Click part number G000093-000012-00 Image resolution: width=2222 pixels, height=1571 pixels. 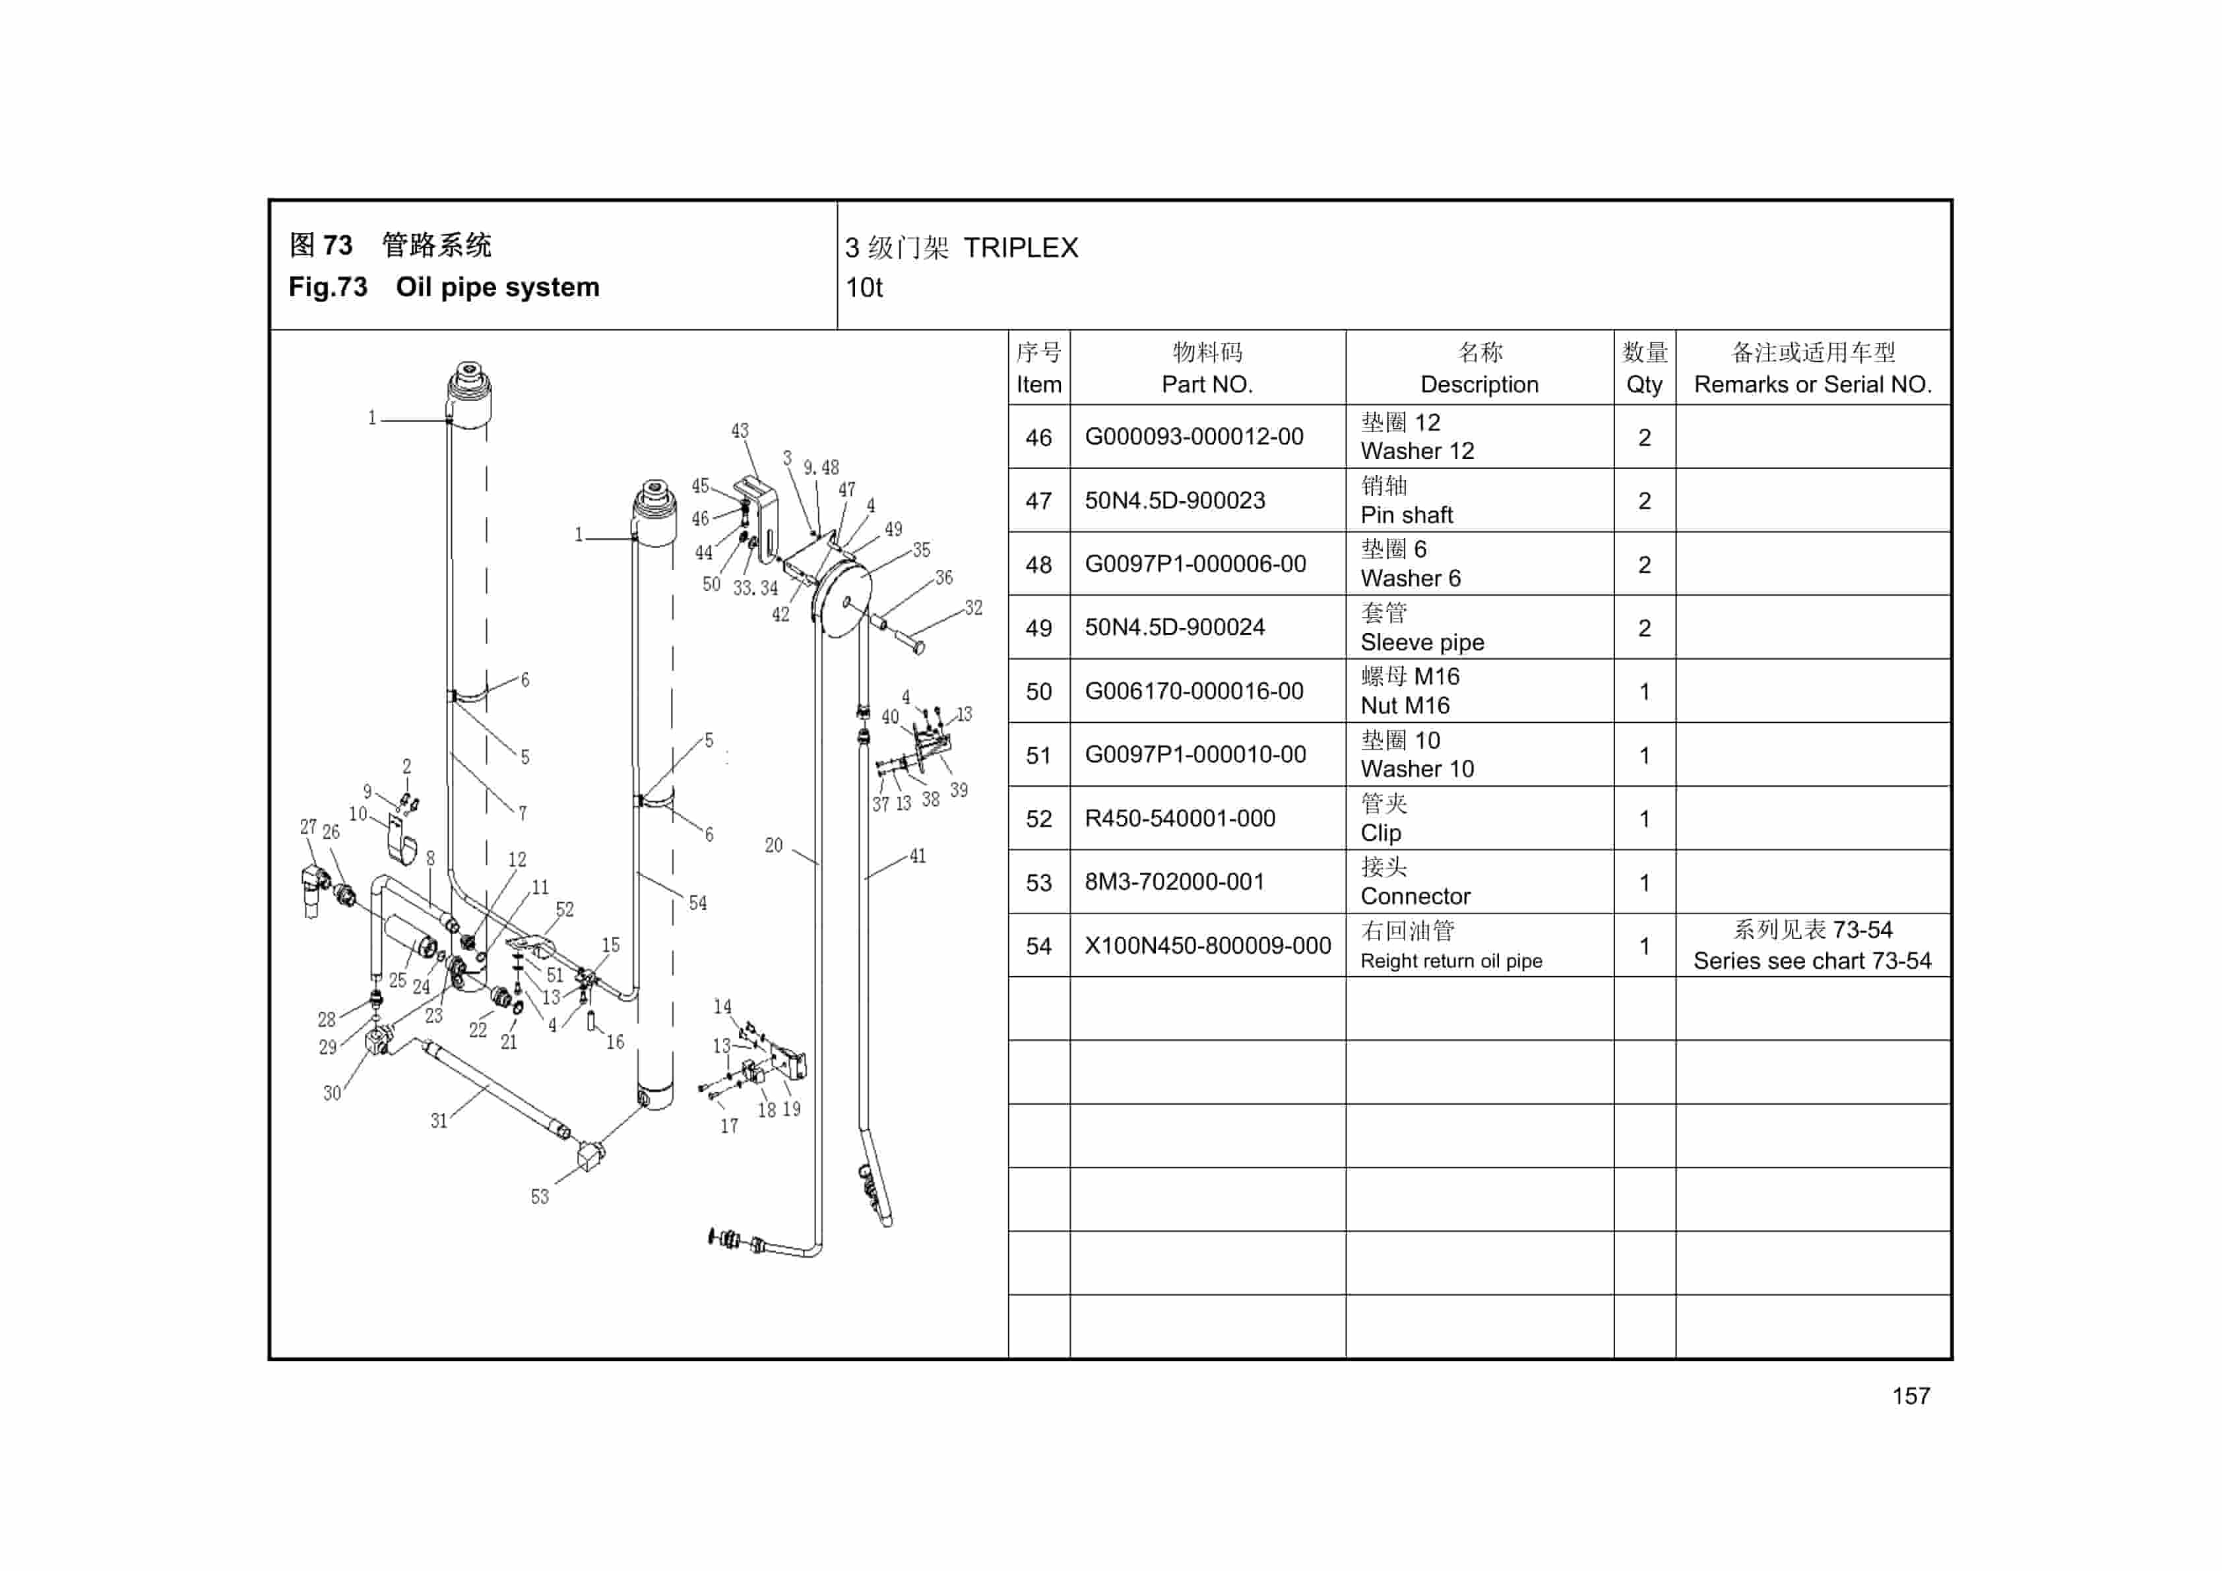[1193, 437]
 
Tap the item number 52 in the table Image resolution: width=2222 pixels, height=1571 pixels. [1038, 818]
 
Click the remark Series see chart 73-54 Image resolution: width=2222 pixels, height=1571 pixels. [1812, 960]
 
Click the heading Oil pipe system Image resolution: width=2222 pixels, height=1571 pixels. [497, 288]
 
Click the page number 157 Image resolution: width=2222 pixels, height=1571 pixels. [1911, 1396]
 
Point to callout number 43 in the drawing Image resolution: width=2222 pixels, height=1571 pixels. [740, 431]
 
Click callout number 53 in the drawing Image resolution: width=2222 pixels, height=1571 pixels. [539, 1196]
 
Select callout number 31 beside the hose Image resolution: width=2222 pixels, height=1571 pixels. [439, 1120]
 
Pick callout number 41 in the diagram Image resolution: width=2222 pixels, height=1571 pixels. [918, 855]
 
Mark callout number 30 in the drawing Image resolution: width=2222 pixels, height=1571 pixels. [332, 1092]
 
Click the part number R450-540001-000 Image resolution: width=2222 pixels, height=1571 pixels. [1179, 818]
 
